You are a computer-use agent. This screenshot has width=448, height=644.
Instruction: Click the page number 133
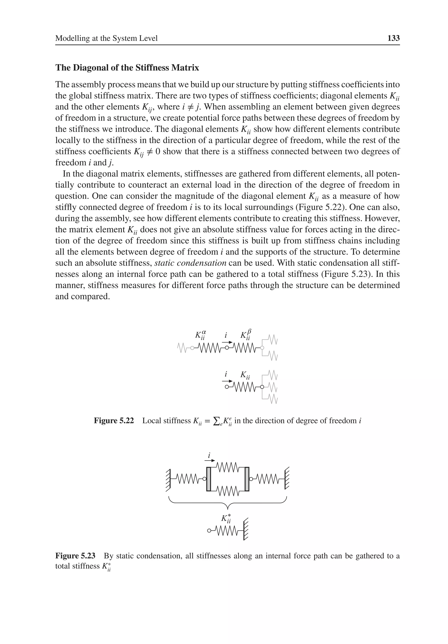pyautogui.click(x=393, y=38)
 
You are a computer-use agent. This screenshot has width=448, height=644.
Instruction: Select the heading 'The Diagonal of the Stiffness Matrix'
pyautogui.click(x=127, y=68)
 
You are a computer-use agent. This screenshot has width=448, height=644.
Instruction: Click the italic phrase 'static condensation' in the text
pyautogui.click(x=190, y=263)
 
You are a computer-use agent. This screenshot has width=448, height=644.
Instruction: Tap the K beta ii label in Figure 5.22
pyautogui.click(x=246, y=335)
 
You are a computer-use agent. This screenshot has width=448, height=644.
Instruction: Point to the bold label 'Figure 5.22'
pyautogui.click(x=114, y=421)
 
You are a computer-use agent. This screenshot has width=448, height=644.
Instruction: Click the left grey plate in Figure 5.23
pyautogui.click(x=209, y=479)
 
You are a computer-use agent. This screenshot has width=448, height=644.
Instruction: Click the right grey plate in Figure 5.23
pyautogui.click(x=247, y=479)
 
